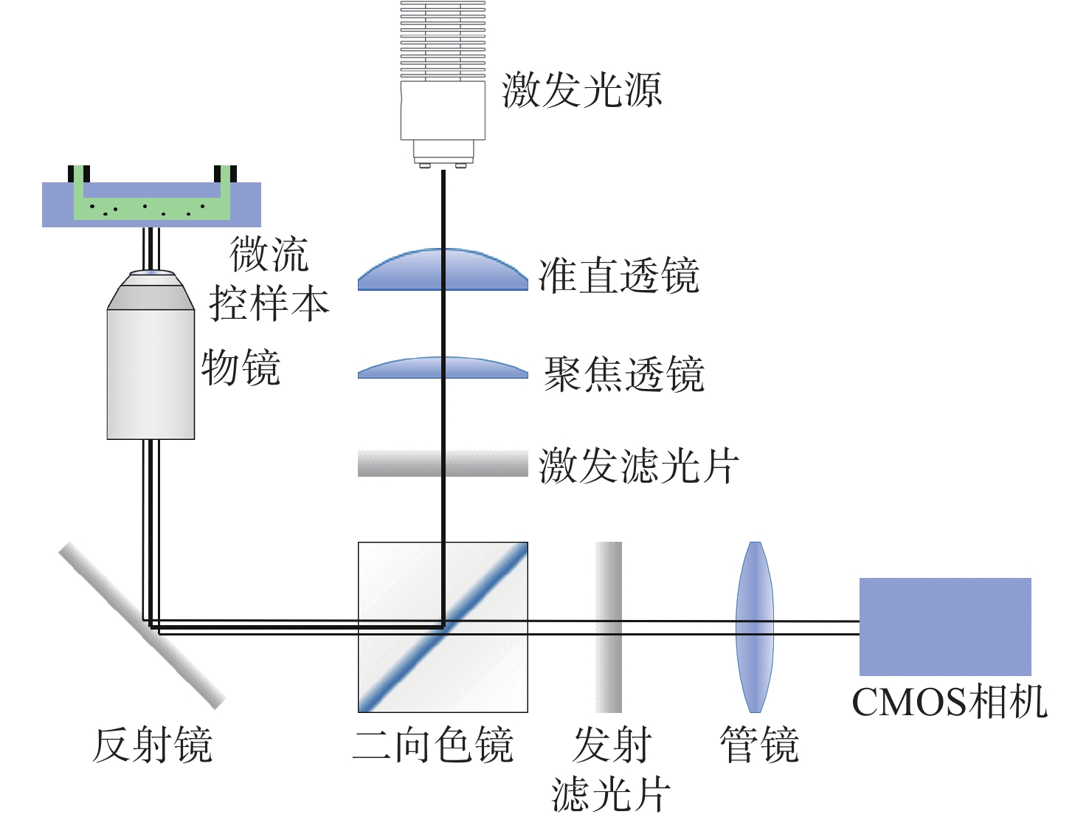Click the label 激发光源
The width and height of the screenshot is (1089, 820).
tap(581, 91)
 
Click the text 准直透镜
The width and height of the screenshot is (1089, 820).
tap(618, 276)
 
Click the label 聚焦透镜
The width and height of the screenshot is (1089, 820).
tap(624, 374)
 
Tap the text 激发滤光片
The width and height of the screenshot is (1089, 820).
tap(638, 466)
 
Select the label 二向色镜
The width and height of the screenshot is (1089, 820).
tap(433, 745)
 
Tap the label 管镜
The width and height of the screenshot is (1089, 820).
tap(759, 745)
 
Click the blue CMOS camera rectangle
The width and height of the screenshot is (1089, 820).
tap(945, 627)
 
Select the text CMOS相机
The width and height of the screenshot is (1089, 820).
tap(950, 702)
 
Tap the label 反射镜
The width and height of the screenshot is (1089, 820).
tap(153, 745)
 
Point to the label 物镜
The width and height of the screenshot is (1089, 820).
tap(241, 367)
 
